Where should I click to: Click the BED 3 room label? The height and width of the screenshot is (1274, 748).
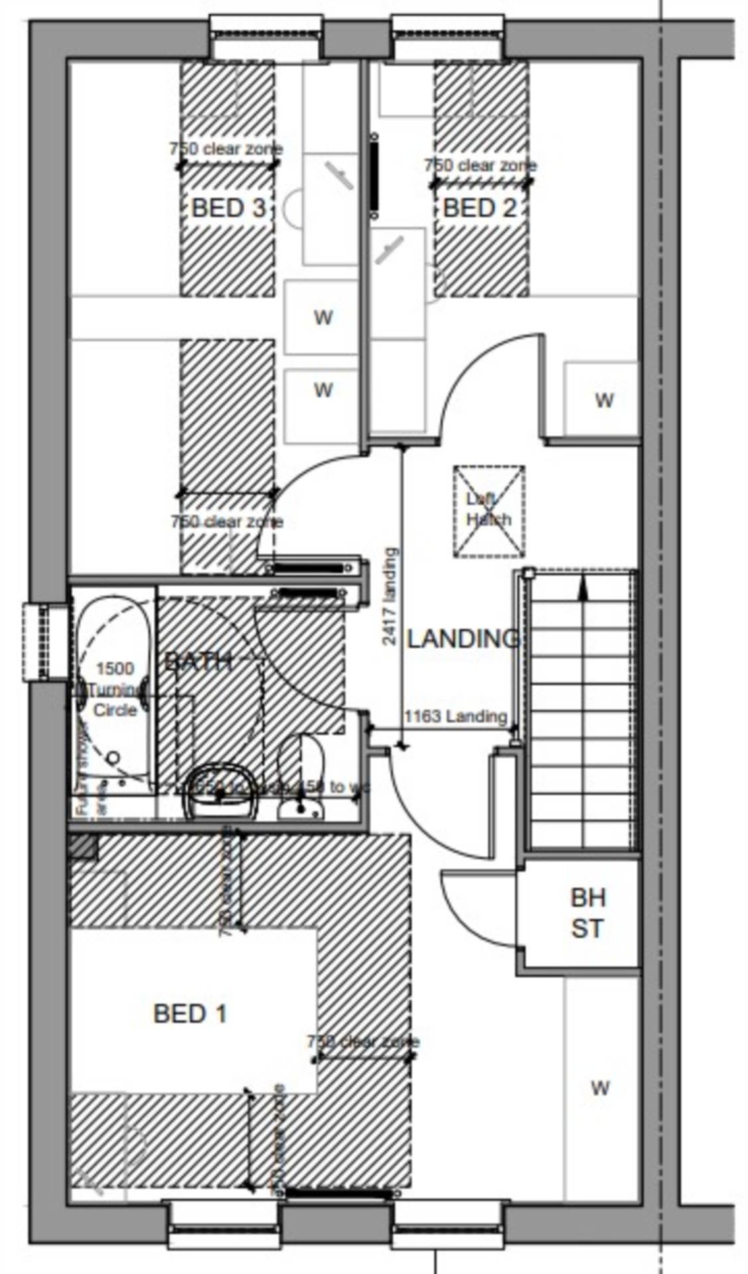228,208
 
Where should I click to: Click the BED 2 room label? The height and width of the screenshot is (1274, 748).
479,208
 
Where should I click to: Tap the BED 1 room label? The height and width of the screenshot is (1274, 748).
190,1013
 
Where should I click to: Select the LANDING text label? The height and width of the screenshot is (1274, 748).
463,638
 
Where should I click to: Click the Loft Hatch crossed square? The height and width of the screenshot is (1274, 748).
489,510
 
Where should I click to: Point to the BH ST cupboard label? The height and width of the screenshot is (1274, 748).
587,913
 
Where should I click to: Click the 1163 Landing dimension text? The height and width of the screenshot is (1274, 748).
455,716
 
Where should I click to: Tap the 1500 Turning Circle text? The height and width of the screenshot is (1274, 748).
115,689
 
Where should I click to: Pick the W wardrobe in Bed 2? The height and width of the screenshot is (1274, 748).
603,400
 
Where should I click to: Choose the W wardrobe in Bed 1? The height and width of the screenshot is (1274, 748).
599,1088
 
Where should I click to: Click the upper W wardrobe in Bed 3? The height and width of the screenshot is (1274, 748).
323,317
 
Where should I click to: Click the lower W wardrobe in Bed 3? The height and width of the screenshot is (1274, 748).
323,389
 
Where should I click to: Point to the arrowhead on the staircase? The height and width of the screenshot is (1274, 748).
583,584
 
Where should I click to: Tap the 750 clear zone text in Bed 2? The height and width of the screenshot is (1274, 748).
481,165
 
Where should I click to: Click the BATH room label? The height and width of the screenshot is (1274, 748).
197,662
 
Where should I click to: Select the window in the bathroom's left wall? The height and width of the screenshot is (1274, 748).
45,642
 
